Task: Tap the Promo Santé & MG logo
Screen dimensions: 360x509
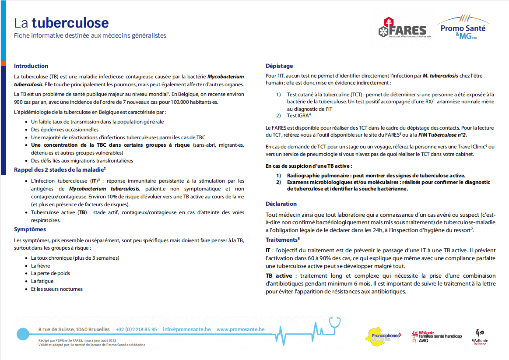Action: point(463,27)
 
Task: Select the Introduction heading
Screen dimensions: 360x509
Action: point(31,66)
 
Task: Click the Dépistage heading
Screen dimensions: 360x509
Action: point(279,66)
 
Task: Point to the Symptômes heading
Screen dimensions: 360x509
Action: point(30,229)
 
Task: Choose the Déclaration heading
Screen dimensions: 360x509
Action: point(281,204)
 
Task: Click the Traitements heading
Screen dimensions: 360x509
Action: point(282,240)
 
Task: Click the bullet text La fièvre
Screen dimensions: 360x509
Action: point(40,265)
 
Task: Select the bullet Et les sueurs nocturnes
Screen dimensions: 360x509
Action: point(56,289)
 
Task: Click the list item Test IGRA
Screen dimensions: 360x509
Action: point(298,116)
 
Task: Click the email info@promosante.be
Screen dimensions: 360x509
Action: point(186,329)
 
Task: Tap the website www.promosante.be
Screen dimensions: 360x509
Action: point(240,329)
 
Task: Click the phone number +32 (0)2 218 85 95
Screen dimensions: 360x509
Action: point(136,329)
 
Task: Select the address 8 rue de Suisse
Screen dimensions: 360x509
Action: point(74,329)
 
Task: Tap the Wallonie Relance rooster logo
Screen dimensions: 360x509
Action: point(480,336)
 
